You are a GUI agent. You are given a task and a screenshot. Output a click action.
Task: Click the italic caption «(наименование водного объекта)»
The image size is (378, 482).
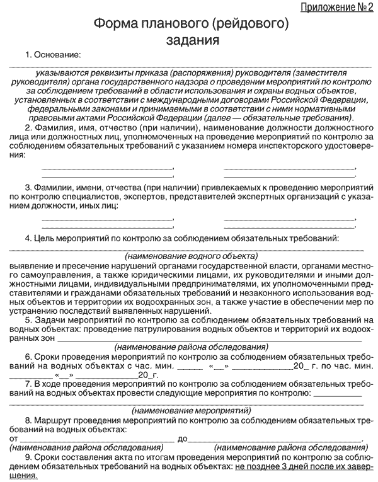pyautogui.click(x=191, y=256)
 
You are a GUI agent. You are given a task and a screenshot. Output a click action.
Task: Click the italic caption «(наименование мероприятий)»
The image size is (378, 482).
pyautogui.click(x=190, y=410)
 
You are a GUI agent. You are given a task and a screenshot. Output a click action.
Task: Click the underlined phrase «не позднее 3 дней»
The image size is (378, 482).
pyautogui.click(x=270, y=468)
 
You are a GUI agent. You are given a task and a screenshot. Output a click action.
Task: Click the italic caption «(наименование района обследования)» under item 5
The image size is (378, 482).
pyautogui.click(x=190, y=347)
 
